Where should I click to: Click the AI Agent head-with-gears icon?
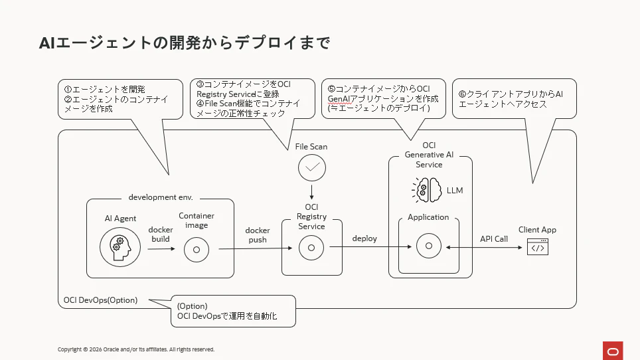(120, 247)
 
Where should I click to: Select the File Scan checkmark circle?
(312, 167)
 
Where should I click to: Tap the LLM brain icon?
(427, 190)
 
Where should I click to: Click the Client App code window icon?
(538, 247)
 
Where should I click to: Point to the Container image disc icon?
(197, 249)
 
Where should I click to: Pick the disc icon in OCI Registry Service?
(311, 247)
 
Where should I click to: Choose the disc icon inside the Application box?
(429, 246)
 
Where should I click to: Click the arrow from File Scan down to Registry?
(312, 192)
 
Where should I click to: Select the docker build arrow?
(161, 248)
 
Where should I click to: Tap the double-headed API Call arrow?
(484, 247)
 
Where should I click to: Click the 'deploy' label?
(364, 238)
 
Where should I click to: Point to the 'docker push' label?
(258, 235)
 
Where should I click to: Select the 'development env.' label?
(161, 197)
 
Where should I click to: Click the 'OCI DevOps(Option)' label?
(100, 300)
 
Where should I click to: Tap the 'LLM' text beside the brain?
(455, 190)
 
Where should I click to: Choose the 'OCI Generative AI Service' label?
(429, 155)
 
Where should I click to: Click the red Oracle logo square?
(613, 351)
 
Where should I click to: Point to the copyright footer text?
(136, 349)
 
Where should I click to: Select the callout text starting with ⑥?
(511, 99)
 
